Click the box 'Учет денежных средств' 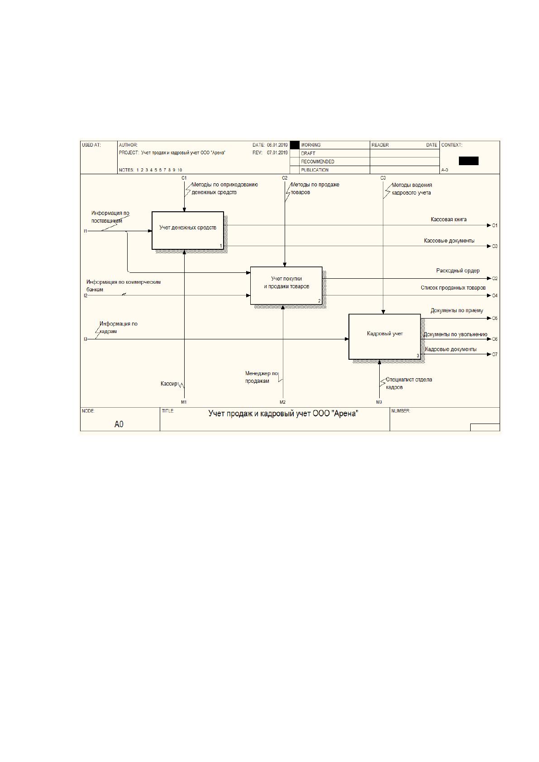coord(187,230)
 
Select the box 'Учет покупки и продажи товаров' coord(286,286)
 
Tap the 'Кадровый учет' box coord(385,337)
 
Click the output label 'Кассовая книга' coord(448,219)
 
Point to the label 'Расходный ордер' coord(458,271)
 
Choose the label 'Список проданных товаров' coord(453,288)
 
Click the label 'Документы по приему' coord(457,310)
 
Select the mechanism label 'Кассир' coord(169,384)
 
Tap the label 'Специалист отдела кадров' coord(409,383)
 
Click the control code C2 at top coord(285,178)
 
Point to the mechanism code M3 coord(379,402)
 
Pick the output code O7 coord(495,354)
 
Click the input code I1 coord(86,231)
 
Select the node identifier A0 coord(119,424)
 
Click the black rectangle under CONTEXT coord(468,161)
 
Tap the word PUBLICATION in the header coord(315,170)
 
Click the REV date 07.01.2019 coord(277,153)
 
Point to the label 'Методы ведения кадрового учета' coord(412,189)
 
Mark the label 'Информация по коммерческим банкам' coord(123,286)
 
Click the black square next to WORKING coord(295,145)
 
